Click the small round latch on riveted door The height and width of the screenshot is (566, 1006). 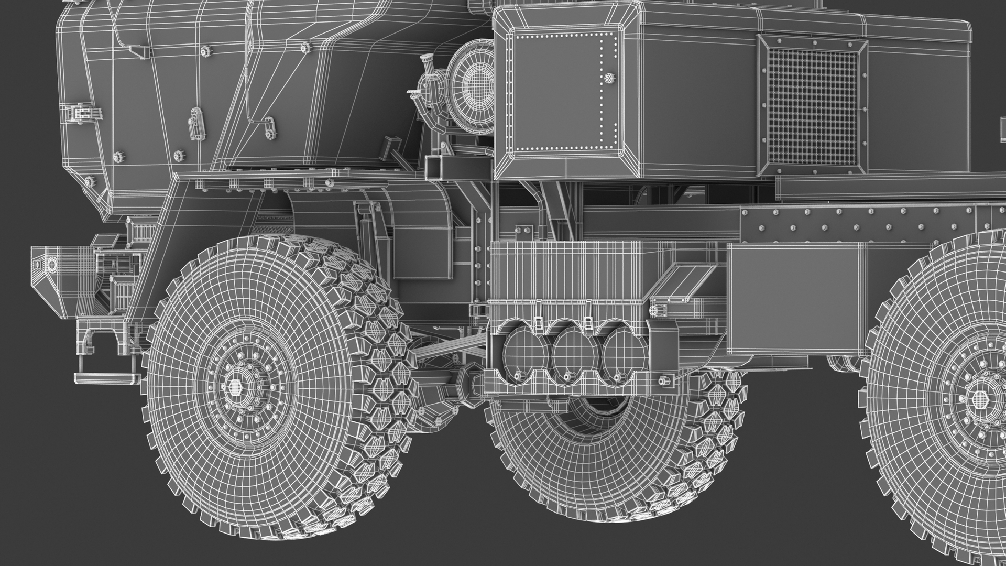click(608, 78)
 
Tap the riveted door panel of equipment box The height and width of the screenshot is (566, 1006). click(561, 92)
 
